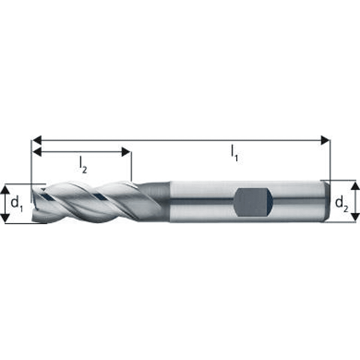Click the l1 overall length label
234,153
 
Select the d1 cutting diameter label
17,204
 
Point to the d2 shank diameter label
342,203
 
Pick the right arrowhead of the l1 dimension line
325,140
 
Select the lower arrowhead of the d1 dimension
5,219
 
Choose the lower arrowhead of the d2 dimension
355,218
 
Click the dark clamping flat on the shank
253,202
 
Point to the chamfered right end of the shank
324,201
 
